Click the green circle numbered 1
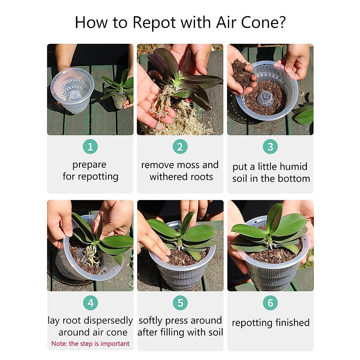click(90, 146)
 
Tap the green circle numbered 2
click(180, 146)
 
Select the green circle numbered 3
click(270, 146)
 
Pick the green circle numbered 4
click(90, 303)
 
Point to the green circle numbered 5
click(180, 303)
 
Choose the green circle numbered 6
click(270, 303)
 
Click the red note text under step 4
click(90, 343)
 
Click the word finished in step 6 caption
click(292, 322)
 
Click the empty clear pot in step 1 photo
click(72, 90)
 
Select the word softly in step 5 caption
click(150, 321)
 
